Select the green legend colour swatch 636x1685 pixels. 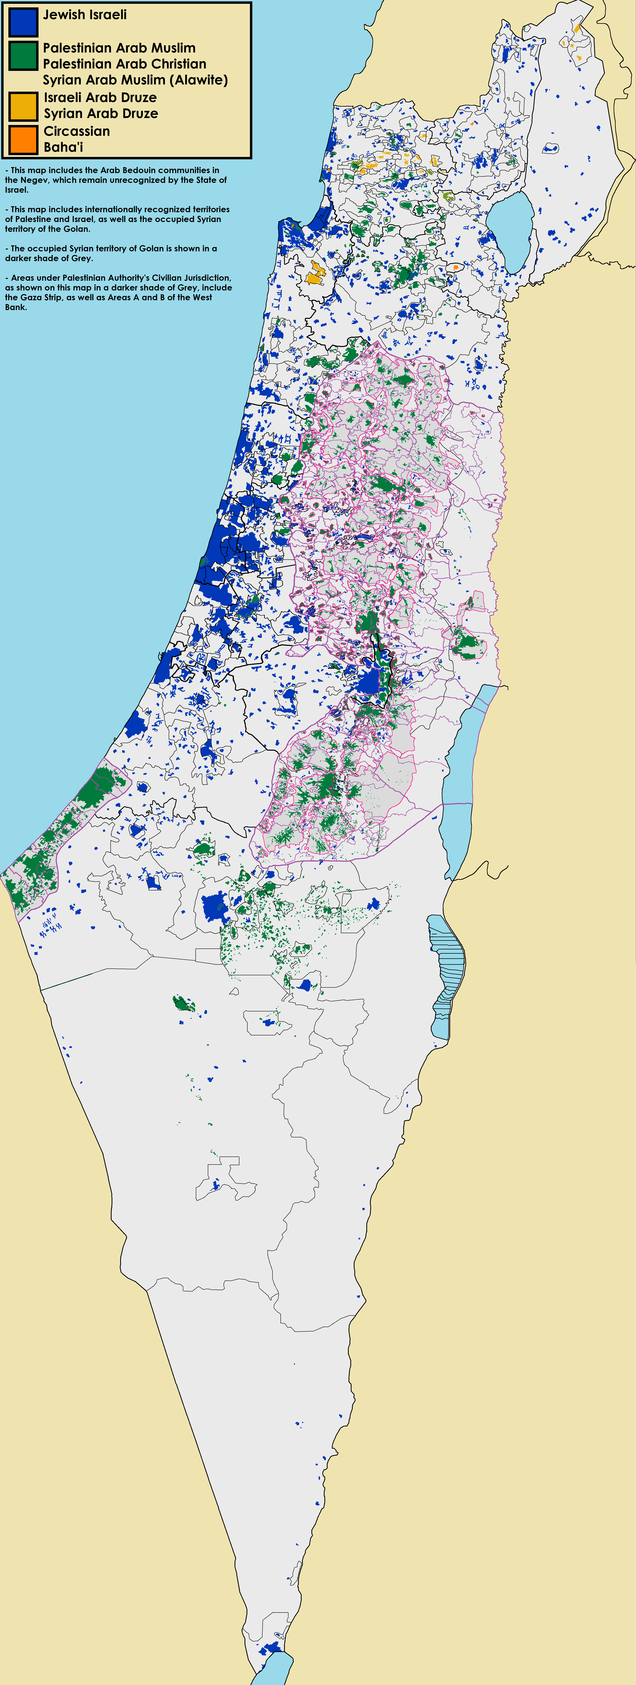click(23, 56)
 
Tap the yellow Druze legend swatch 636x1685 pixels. click(23, 106)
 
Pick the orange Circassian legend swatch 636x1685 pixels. click(23, 139)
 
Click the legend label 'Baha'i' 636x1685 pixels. click(63, 147)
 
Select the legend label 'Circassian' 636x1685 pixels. click(77, 131)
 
